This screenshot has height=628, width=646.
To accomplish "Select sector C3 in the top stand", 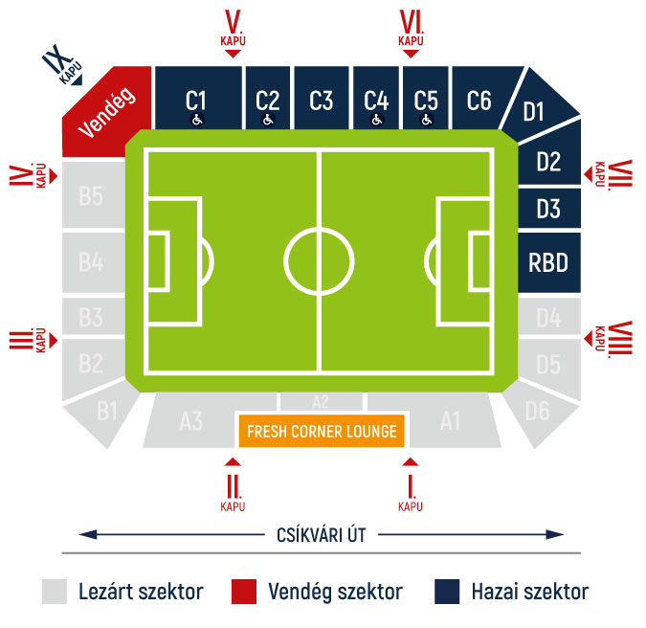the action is point(322,98).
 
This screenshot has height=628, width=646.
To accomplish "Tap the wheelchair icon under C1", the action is point(197,120).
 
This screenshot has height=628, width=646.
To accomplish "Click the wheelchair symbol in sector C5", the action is point(427,120).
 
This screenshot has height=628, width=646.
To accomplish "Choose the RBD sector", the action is point(549,262).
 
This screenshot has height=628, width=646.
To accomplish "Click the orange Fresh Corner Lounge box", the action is point(322,431).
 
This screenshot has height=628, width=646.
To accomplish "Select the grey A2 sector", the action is point(322,401).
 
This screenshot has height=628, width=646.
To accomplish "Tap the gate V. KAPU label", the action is point(234,28).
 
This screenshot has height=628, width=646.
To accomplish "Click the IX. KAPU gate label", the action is point(62,64).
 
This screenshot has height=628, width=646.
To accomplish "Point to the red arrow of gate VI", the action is point(411,54).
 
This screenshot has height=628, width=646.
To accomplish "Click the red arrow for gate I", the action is point(411,461).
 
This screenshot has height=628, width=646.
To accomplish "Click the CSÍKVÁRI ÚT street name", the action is point(322,535).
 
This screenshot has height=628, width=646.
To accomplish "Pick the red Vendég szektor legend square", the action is point(244,592).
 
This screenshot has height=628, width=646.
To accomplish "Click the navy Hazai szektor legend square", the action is point(447,592).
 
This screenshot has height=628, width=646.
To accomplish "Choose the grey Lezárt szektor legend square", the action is point(55,592).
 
